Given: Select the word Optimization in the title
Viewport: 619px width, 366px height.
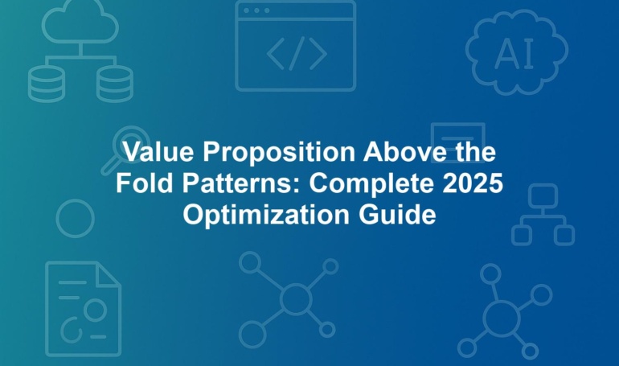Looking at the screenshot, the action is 266,216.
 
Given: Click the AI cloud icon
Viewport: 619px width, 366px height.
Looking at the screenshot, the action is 517,52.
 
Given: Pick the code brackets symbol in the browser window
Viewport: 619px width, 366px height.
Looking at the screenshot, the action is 297,53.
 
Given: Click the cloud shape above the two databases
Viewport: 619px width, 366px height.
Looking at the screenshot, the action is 80,22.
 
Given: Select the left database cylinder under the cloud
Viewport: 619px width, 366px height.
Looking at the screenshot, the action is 46,84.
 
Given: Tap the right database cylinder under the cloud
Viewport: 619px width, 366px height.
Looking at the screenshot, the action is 115,84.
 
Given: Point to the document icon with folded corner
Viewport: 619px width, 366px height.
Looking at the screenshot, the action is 84,309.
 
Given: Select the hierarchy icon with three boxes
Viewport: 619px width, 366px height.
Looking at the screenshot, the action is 543,215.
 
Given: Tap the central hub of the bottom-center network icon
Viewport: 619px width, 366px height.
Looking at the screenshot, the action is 296,299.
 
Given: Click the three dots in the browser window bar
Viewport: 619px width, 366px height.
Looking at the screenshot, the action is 256,10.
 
